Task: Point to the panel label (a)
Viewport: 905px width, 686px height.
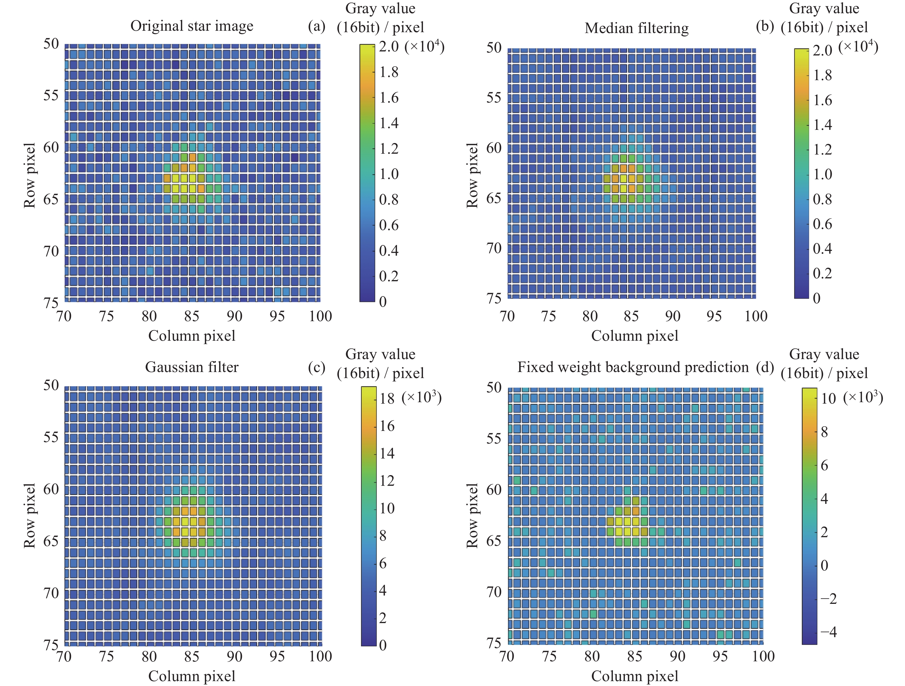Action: pos(316,27)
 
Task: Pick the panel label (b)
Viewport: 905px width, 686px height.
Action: pos(765,27)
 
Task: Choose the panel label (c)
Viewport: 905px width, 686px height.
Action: pos(316,367)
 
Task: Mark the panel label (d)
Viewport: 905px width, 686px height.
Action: pos(765,367)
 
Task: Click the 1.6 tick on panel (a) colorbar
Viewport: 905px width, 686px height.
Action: pos(389,97)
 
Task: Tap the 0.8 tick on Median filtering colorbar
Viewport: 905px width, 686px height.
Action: pos(822,199)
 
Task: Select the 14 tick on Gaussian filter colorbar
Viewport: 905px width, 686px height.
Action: pos(387,453)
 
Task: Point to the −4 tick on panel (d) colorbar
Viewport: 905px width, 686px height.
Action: pos(829,632)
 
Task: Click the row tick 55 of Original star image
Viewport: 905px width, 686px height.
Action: pos(51,95)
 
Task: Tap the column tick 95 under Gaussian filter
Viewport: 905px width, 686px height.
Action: pos(277,656)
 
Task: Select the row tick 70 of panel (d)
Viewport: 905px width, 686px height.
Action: pos(494,591)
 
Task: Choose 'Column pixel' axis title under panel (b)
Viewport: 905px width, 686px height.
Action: pos(635,336)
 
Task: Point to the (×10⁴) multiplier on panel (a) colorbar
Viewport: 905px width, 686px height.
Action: pos(424,46)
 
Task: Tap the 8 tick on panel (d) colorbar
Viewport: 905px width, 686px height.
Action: pos(824,432)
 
